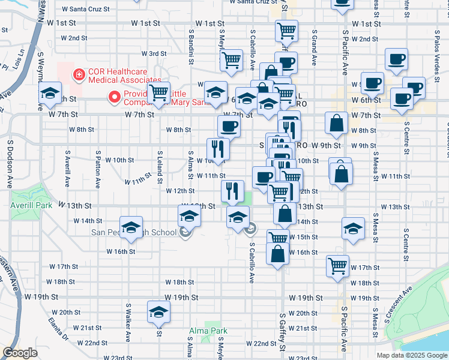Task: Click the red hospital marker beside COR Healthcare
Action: pyautogui.click(x=77, y=75)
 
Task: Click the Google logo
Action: pyautogui.click(x=20, y=353)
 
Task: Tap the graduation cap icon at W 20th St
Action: pyautogui.click(x=159, y=311)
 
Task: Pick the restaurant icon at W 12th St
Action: pyautogui.click(x=232, y=190)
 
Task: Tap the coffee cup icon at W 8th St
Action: pyautogui.click(x=228, y=126)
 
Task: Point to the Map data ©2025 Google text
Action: pyautogui.click(x=411, y=355)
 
